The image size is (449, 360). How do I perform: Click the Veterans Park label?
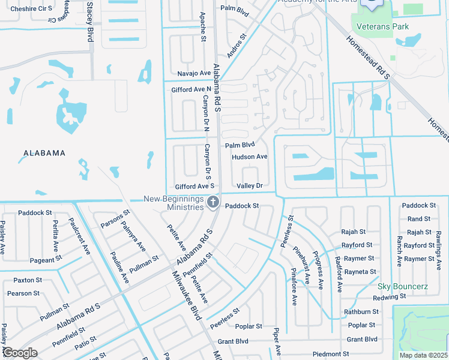(x=382, y=26)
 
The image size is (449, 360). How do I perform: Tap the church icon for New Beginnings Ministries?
(x=212, y=202)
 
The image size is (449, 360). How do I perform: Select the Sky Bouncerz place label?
(x=402, y=286)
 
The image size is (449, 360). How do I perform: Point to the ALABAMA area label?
(x=44, y=153)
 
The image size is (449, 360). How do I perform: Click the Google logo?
(x=20, y=353)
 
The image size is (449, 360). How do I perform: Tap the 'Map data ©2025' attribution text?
(x=423, y=355)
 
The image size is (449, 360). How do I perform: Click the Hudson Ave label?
(x=249, y=157)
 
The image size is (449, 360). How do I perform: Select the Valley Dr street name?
(x=250, y=186)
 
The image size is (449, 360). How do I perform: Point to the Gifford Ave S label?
(x=194, y=186)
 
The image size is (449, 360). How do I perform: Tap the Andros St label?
(x=238, y=46)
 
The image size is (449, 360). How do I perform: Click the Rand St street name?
(x=418, y=219)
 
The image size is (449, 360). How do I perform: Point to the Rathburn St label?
(x=361, y=312)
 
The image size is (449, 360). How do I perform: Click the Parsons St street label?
(x=115, y=220)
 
